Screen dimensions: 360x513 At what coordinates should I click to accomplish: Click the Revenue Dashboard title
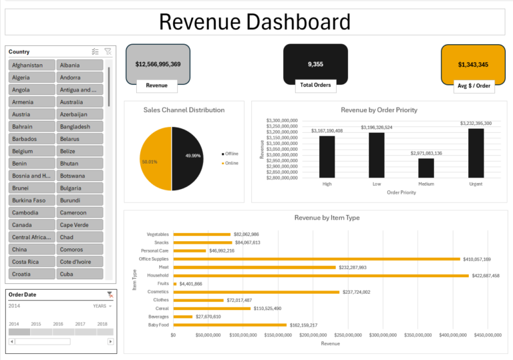[x=254, y=22]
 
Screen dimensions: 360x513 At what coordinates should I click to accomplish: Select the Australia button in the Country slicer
[x=79, y=102]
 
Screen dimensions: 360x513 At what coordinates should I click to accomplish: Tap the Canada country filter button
[x=31, y=225]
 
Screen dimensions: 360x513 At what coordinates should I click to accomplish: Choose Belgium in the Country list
[x=31, y=152]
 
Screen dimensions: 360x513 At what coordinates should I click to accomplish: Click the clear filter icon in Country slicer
[x=108, y=51]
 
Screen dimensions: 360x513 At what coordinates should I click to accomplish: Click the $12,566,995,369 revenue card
[x=158, y=64]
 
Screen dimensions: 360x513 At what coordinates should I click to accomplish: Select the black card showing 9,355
[x=315, y=63]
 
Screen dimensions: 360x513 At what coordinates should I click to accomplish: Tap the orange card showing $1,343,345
[x=473, y=65]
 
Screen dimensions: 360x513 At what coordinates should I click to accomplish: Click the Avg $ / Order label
[x=473, y=85]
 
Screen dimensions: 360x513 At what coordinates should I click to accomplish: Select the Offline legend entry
[x=231, y=154]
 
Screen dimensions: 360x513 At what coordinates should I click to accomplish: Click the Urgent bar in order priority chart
[x=476, y=153]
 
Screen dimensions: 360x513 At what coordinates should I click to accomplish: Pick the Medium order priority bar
[x=426, y=168]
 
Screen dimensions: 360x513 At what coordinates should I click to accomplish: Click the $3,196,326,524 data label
[x=376, y=127]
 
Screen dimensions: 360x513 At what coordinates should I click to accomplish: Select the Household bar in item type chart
[x=321, y=275]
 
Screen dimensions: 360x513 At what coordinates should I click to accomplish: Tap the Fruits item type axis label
[x=161, y=284]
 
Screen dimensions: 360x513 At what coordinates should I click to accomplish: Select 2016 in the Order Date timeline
[x=58, y=324]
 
